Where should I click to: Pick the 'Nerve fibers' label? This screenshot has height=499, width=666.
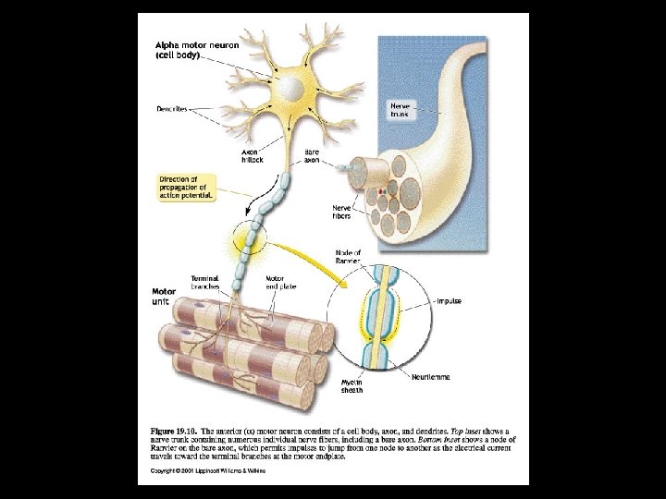click(342, 213)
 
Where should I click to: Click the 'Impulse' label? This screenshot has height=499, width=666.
click(450, 301)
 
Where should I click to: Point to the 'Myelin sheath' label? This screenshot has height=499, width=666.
click(351, 384)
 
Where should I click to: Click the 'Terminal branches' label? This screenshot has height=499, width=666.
click(204, 282)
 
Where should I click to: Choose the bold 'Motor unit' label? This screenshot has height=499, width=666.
click(164, 298)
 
